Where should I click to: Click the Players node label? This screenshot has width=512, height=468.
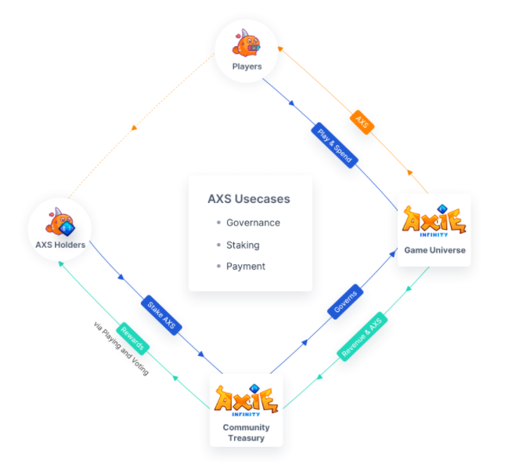[247, 67]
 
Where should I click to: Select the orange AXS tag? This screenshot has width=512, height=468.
[361, 122]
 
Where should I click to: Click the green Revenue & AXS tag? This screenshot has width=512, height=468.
[362, 337]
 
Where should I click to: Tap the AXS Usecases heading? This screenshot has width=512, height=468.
[249, 199]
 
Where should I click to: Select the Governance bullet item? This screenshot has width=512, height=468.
[253, 223]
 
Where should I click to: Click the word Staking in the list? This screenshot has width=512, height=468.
[243, 245]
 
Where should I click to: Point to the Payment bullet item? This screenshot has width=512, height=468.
[246, 267]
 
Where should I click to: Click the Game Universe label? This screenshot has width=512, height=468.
[434, 250]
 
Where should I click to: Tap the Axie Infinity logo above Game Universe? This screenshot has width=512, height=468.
[434, 220]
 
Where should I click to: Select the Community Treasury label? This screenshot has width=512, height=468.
[247, 433]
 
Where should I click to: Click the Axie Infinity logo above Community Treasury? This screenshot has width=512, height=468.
[246, 399]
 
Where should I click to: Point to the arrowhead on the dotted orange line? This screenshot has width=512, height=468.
[135, 127]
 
